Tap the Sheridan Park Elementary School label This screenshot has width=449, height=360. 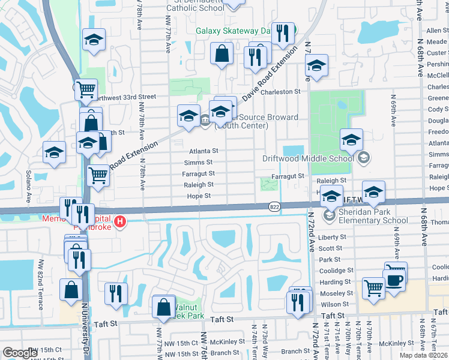pos(365,216)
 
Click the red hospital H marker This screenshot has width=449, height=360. pos(120,223)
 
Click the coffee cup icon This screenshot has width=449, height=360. pos(394,281)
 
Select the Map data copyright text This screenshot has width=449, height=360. pos(423,355)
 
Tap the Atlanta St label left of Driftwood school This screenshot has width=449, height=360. pos(204,151)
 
